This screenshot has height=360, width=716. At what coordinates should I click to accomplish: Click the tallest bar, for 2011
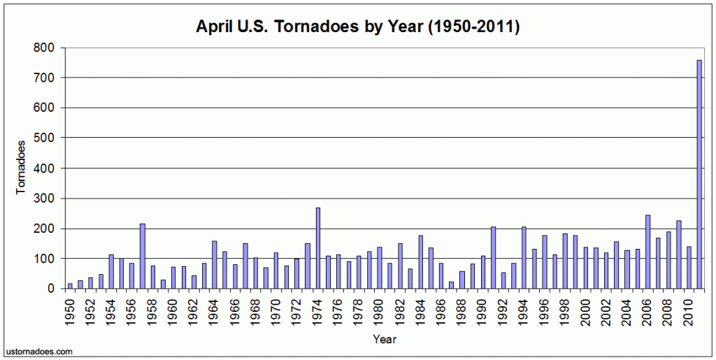(699, 175)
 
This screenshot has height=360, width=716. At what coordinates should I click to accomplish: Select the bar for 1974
(317, 248)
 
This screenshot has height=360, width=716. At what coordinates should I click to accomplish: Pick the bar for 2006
(647, 252)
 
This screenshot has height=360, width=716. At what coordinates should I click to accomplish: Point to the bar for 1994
(524, 258)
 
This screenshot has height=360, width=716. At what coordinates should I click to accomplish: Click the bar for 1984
(421, 262)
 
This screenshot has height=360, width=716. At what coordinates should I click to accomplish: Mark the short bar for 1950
(70, 286)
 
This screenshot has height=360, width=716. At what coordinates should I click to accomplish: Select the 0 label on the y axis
(50, 289)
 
